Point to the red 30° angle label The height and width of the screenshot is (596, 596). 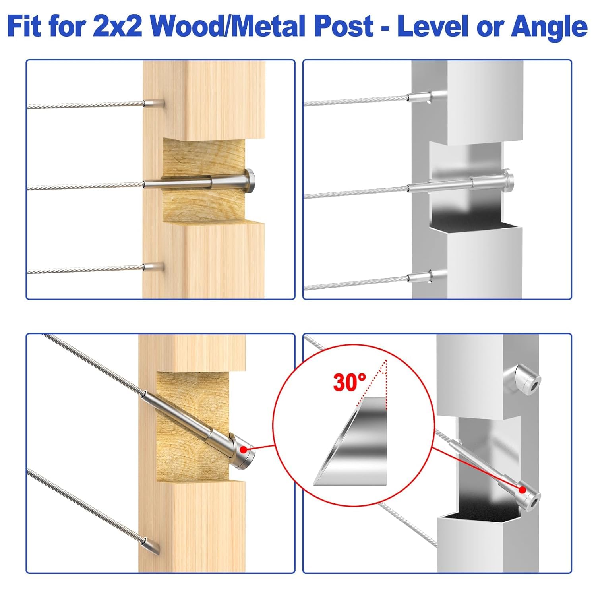click(350, 382)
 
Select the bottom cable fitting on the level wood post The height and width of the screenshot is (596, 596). click(154, 267)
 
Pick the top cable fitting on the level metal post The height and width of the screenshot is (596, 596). click(421, 97)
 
